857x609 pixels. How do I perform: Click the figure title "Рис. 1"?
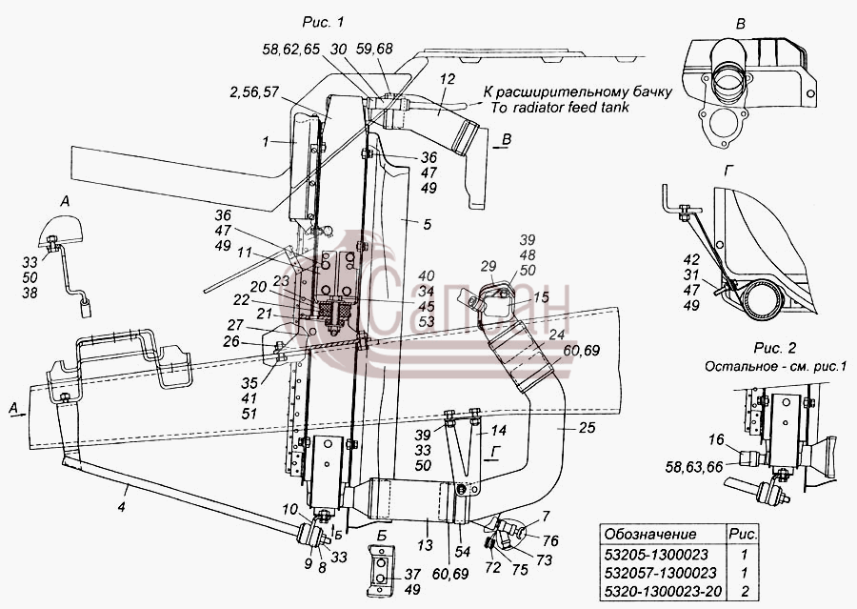point(323,23)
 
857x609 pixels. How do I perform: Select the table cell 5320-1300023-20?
point(663,592)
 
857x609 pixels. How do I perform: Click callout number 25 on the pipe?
point(587,427)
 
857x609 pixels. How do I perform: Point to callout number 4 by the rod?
point(121,507)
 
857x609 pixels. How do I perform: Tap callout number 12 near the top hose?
point(448,79)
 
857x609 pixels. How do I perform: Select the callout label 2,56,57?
point(254,92)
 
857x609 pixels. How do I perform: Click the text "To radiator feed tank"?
point(560,108)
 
